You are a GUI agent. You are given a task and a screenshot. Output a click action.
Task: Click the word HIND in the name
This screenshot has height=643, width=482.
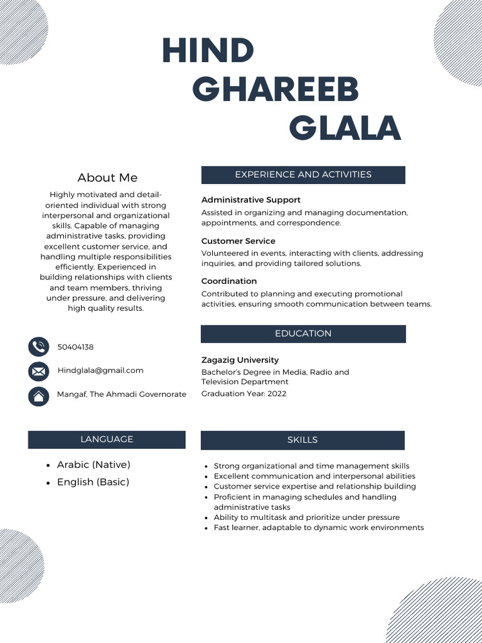pos(208,50)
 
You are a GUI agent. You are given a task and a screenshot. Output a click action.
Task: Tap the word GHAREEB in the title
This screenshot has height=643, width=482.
pos(276,89)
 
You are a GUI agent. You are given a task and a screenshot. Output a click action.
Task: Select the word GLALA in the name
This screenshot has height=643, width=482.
pos(345,128)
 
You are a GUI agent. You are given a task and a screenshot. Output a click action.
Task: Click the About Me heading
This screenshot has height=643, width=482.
pos(107,178)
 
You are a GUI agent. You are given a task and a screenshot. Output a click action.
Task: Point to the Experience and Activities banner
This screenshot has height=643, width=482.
pos(303,175)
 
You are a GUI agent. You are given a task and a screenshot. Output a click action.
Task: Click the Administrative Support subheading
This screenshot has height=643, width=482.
pos(250,200)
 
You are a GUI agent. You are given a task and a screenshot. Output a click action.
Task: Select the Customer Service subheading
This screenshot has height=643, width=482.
pos(238,241)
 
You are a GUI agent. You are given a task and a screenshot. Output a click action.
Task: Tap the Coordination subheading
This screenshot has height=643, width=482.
pos(229,281)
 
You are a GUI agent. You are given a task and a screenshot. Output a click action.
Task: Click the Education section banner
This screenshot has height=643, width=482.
pos(303,333)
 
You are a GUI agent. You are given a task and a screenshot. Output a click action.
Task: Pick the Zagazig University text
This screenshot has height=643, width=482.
pos(240,360)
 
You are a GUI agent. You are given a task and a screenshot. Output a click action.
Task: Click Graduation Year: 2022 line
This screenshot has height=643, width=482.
pos(244,394)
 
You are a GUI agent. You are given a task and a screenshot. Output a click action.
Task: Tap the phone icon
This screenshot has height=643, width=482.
pos(39,347)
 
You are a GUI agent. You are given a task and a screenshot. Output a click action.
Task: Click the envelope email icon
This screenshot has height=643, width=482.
pos(39,371)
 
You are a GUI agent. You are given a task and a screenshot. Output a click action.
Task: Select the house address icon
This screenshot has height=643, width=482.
pos(39,396)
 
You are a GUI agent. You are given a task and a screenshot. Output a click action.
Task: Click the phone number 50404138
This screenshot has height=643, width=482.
pos(75,347)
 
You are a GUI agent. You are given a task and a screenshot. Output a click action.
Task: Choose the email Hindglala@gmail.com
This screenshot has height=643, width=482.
pos(100,370)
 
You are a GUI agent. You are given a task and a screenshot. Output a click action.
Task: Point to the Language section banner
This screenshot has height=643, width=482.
pos(107,440)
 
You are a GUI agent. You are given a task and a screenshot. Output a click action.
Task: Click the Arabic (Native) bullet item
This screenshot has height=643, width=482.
pos(94,465)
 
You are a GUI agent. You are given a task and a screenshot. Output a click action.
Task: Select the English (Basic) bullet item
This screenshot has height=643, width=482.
pos(93,482)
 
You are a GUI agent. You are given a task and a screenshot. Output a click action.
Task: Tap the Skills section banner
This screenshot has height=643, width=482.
pos(303,440)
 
